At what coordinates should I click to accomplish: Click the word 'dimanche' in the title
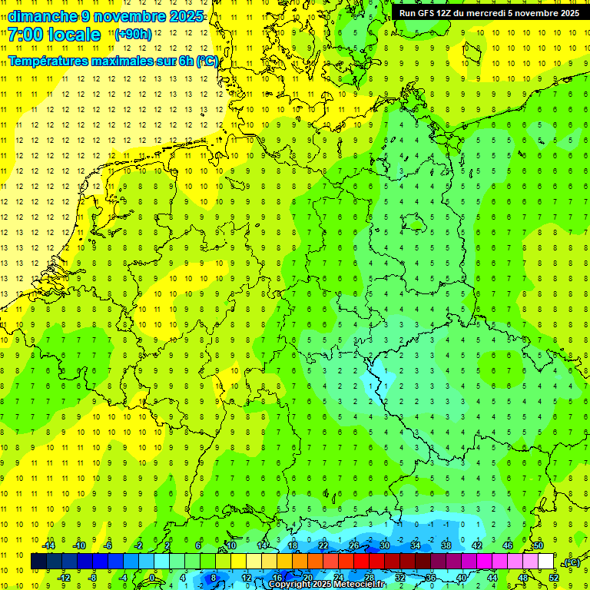[38, 16]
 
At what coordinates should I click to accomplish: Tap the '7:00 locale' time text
[55, 35]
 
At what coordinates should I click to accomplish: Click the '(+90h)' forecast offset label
[133, 35]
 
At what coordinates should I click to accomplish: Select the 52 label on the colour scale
[553, 578]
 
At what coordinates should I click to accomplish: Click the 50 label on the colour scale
[538, 545]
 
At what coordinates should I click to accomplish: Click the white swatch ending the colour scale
[545, 562]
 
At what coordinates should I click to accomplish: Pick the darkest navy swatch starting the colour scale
[38, 562]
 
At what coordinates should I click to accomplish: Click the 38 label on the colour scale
[446, 545]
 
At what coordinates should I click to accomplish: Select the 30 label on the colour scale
[384, 545]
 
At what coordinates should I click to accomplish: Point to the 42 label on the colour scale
[476, 545]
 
